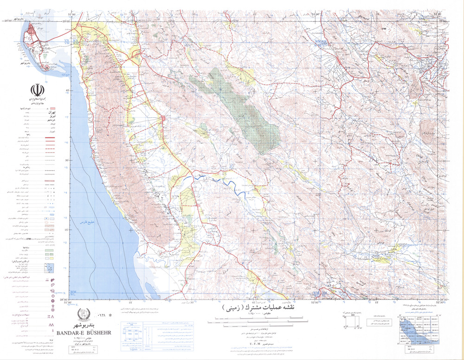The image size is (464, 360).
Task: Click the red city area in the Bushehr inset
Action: coord(32,35)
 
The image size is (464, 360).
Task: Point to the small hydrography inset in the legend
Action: coord(48,268)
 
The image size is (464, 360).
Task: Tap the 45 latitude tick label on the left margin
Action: coord(67,90)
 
